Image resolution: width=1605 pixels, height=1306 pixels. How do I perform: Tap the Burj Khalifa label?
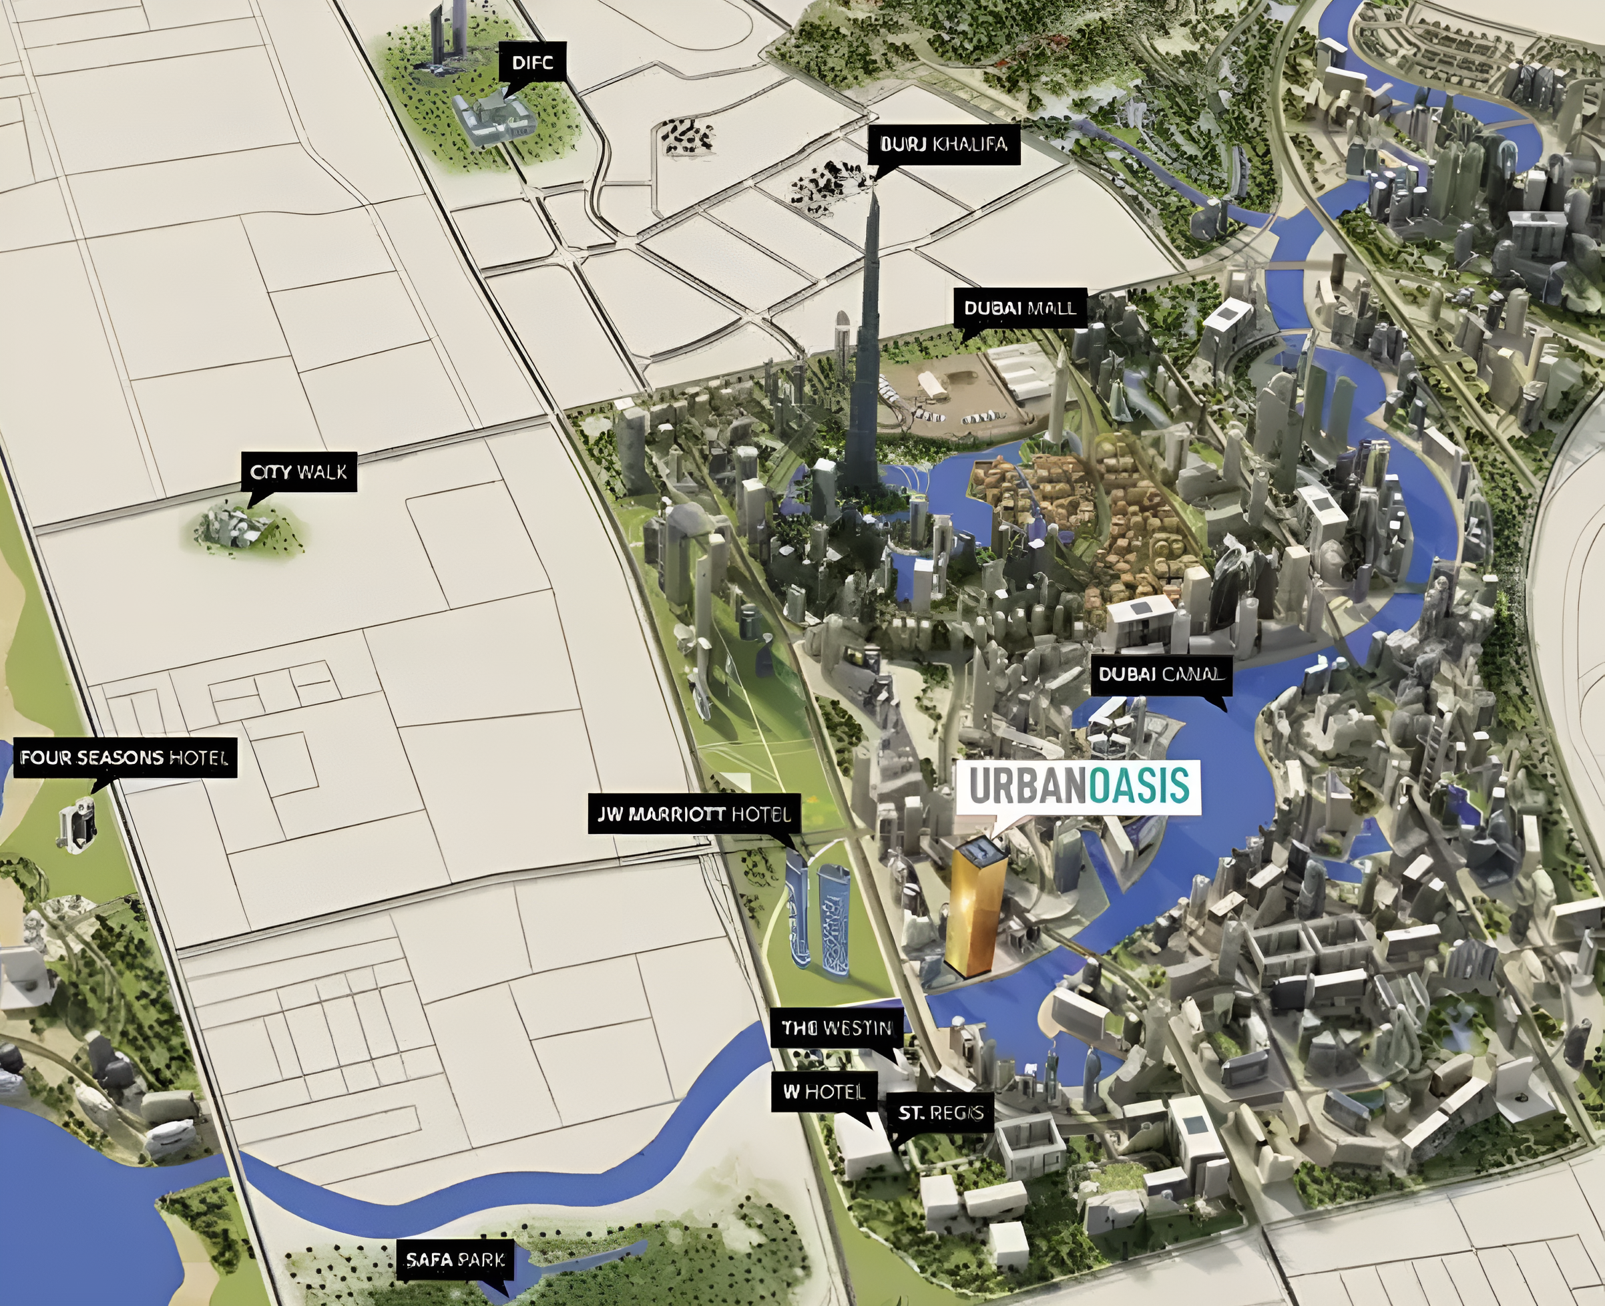943,144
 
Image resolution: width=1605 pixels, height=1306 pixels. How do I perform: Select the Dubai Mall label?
1020,308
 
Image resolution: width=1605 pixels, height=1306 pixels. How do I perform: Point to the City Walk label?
298,471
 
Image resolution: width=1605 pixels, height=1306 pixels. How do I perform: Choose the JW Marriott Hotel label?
694,813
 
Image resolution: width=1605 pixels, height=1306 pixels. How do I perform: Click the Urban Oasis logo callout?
1078,786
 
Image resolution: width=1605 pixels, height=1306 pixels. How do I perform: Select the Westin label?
837,1028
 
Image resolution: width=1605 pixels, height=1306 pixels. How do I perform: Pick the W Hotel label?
825,1092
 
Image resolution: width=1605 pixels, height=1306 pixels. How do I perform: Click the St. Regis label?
940,1112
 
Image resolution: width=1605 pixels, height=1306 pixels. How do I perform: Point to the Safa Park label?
456,1259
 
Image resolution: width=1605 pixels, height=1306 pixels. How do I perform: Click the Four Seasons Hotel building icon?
77,825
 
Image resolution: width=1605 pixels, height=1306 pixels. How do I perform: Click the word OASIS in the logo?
1139,786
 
